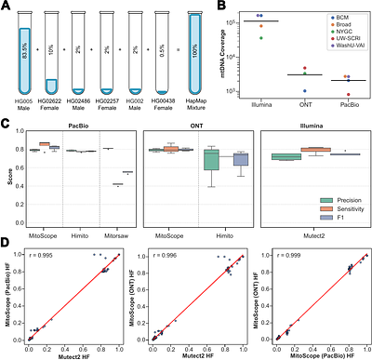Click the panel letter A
point(6,7)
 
